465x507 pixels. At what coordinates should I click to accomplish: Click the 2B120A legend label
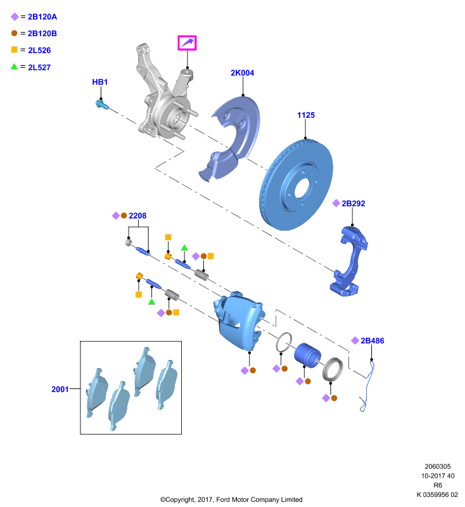(42, 17)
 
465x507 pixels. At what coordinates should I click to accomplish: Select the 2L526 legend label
(39, 51)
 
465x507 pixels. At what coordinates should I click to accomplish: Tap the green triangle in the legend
(14, 67)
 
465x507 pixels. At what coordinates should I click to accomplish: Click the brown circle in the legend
(14, 33)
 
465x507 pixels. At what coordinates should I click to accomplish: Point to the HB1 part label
(100, 82)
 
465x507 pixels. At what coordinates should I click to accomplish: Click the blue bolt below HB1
(101, 105)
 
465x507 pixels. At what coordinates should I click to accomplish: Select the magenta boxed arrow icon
(187, 43)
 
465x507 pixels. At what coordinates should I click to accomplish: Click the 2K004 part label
(243, 73)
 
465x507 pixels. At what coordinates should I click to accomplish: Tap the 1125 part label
(306, 115)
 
